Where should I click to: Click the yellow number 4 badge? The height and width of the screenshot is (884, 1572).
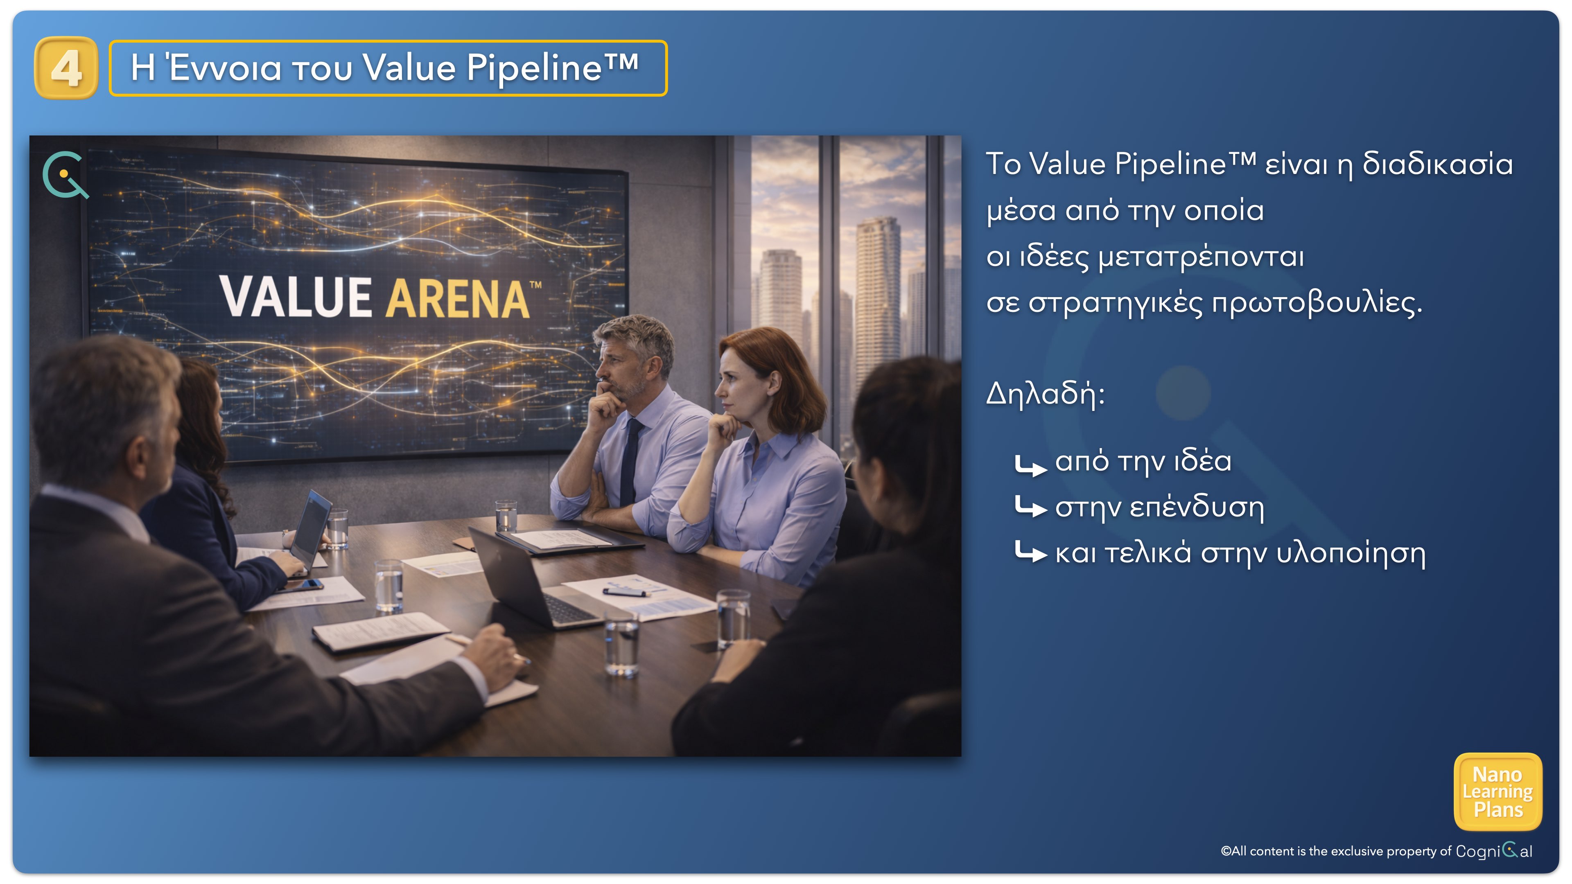[66, 68]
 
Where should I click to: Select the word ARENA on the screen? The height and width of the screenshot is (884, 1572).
[459, 299]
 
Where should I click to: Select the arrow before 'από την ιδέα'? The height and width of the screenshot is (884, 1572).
[1030, 465]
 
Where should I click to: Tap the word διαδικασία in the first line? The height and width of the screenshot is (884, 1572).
[1437, 164]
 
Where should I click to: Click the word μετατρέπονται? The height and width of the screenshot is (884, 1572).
[1201, 257]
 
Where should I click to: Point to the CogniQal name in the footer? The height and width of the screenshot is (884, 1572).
[1494, 850]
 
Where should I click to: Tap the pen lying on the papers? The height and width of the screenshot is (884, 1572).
[623, 592]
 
